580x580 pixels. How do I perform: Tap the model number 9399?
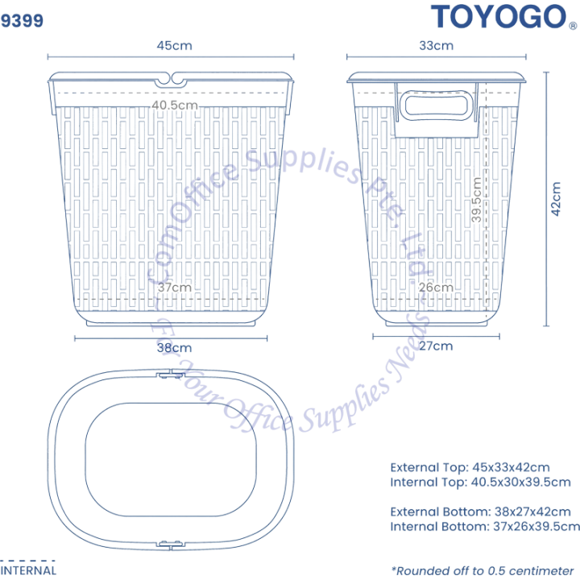22,20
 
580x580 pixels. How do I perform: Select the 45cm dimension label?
174,45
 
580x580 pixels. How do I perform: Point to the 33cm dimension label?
436,45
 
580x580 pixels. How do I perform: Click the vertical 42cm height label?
556,199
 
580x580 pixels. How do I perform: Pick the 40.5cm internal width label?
175,105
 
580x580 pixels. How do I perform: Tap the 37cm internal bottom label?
174,287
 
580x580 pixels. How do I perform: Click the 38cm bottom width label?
174,348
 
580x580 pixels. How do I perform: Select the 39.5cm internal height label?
476,200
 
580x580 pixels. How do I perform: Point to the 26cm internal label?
436,287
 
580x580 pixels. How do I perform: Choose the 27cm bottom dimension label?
436,346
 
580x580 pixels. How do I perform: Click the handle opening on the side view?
437,106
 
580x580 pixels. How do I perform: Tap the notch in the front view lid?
171,79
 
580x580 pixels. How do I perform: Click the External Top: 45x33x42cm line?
470,467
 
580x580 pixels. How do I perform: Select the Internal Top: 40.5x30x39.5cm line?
480,482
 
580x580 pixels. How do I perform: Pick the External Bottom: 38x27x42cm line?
480,512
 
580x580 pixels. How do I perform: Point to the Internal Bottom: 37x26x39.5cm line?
485,526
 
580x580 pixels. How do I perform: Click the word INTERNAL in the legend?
28,571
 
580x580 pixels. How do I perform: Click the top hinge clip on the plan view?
170,375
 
